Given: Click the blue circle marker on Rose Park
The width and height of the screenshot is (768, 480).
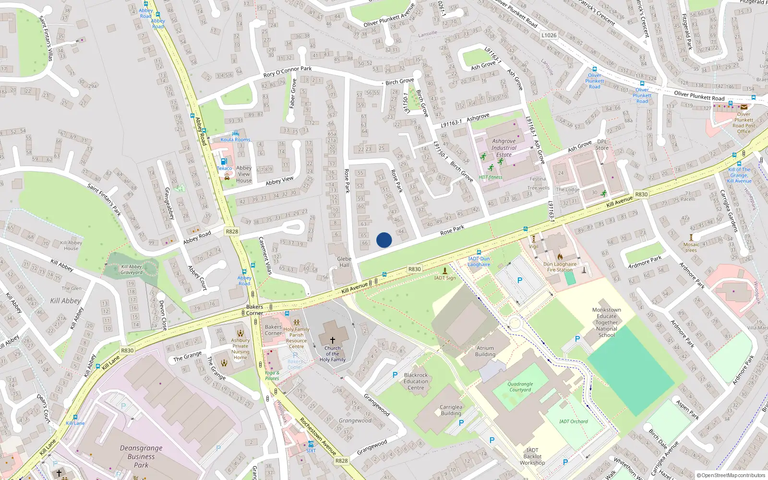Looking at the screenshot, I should (384, 240).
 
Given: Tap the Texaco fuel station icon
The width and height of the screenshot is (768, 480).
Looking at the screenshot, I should (224, 161).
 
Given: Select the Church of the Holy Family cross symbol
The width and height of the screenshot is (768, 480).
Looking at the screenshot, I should (332, 340).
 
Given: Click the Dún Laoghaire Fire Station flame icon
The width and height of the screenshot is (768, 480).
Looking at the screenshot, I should (560, 257).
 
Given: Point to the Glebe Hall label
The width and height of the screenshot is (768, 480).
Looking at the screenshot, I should (344, 262).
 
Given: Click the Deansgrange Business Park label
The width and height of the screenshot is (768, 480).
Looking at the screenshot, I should (141, 456).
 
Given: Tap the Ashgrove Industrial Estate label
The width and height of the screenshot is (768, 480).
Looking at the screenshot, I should (504, 148).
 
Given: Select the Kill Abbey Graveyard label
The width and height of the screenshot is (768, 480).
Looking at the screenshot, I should (132, 269).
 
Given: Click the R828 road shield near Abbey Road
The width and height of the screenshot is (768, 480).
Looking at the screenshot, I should (232, 231).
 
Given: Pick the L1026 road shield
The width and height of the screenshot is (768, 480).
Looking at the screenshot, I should (549, 35).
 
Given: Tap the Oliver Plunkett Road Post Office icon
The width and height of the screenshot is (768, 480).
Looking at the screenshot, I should (744, 107).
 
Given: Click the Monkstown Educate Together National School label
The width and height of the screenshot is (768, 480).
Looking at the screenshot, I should (606, 322).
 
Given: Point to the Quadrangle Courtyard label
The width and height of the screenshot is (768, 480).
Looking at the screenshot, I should (520, 386).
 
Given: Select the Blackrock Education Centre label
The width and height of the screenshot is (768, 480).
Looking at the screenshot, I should (416, 381).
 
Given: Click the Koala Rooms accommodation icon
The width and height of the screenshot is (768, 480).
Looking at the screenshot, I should (235, 133).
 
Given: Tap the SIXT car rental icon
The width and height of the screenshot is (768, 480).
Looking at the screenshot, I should (311, 444).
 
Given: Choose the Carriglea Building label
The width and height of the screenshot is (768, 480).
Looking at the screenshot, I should (451, 410).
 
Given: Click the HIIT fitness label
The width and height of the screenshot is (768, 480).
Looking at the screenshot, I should (491, 177).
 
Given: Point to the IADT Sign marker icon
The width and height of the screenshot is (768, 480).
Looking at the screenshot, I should (445, 271).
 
